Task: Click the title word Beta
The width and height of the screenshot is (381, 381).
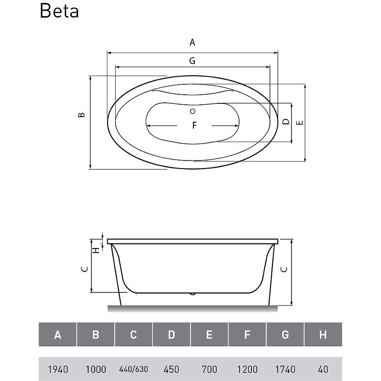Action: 59,11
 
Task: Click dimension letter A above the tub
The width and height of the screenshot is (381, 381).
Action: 192,42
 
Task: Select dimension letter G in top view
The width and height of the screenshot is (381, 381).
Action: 192,60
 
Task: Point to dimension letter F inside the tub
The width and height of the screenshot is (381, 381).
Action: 194,125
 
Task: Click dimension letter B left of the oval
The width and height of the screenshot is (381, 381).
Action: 81,115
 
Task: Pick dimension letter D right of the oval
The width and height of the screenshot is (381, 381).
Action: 287,121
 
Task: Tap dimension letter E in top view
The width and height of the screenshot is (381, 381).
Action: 300,122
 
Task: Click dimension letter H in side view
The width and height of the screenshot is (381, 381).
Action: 97,250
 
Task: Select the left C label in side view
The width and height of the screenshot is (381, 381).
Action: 85,269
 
